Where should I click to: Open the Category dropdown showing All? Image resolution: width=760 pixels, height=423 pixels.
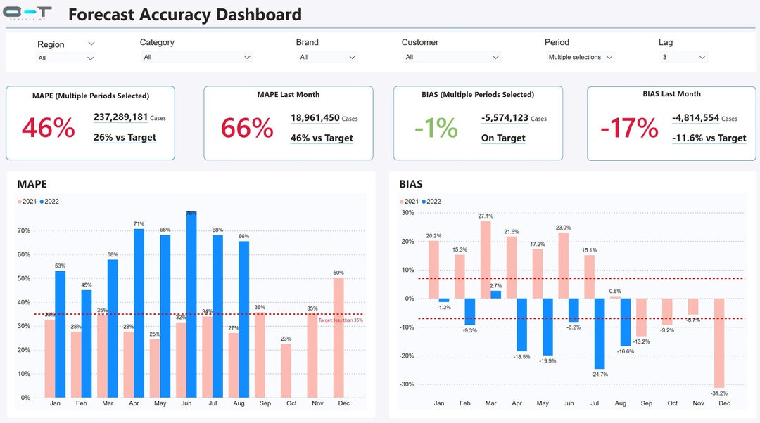pos(196,57)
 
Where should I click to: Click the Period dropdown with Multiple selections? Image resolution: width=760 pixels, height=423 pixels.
pos(581,57)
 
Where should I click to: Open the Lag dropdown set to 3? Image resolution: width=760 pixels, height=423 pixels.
pos(683,57)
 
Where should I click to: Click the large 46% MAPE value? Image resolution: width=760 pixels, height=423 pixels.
pos(48,128)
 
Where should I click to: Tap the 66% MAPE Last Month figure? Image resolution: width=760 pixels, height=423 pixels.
pos(247,128)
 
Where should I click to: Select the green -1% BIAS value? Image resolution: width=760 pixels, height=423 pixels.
pos(436,128)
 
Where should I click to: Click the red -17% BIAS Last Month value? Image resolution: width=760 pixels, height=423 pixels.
pos(629,128)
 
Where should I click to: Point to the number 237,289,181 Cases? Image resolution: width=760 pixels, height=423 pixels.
pos(121,118)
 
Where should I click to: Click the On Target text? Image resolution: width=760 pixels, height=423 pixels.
pos(503,138)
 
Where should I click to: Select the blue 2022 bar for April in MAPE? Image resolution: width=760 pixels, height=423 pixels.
pos(139,313)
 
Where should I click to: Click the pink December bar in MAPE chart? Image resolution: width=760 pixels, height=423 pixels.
pos(338,337)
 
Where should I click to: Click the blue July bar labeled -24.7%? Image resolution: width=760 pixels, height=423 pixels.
pos(600,333)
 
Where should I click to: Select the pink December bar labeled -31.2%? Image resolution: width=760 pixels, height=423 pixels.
pos(720,343)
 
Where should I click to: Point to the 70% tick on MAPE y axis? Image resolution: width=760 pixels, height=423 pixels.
pos(24,230)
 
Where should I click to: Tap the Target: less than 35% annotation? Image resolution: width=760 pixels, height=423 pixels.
pos(341,320)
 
